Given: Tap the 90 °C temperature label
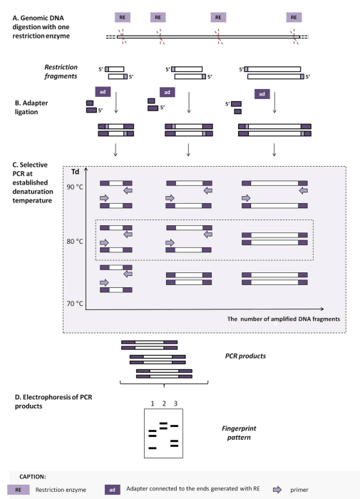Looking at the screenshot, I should tap(76, 187).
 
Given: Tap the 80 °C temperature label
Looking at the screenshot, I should tap(76, 241).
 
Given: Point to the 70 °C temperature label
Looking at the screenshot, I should tap(76, 304).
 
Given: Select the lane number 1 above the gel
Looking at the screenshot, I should tap(151, 405).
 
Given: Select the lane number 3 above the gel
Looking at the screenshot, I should tap(175, 405).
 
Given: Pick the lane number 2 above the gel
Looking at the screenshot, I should tap(163, 405).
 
